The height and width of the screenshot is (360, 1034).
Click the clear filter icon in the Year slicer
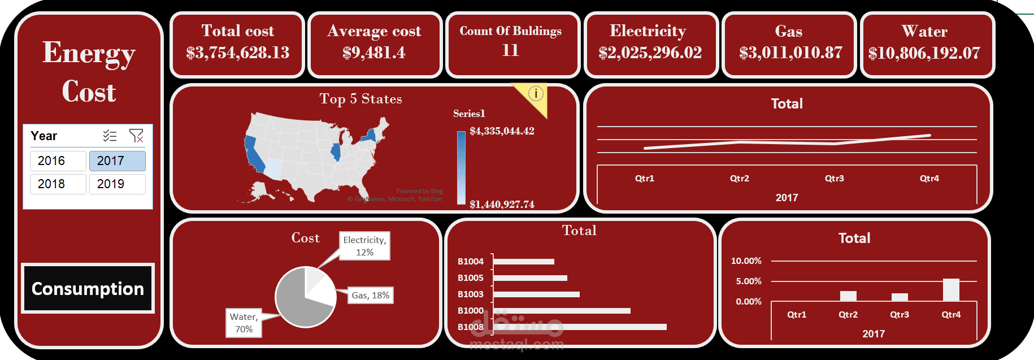coord(136,136)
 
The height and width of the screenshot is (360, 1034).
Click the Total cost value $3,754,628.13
coord(237,53)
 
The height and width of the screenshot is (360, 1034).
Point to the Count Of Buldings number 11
coord(510,50)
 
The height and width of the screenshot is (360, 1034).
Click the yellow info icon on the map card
coord(536,93)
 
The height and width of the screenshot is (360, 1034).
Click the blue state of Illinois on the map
coord(336,152)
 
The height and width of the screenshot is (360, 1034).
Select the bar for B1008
coord(580,327)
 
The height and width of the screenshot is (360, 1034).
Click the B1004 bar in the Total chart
coord(524,262)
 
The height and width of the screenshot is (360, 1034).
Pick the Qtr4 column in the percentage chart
coord(951,290)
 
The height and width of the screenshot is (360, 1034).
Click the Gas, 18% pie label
coord(370,296)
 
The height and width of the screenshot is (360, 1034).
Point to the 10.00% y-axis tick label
coord(746,261)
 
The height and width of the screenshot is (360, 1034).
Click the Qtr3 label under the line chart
coord(834,179)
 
